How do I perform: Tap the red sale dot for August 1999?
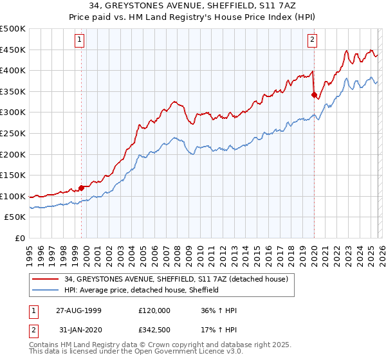[x=82, y=188]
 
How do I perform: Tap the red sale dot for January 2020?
[x=314, y=95]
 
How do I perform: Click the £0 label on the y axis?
[x=20, y=239]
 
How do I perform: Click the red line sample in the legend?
[x=46, y=279]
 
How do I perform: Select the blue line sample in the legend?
[x=46, y=290]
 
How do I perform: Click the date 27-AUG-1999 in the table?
[x=78, y=310]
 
